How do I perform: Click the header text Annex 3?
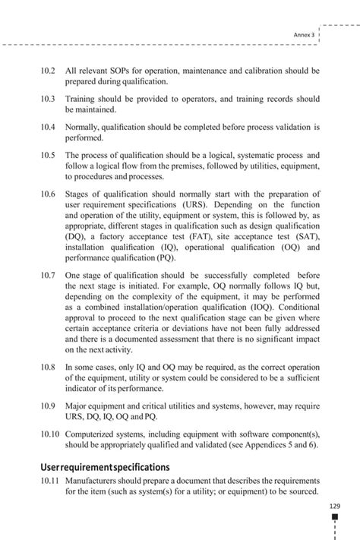(304, 34)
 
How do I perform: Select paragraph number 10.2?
(49, 71)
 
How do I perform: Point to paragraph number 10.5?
(49, 155)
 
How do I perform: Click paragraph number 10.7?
(49, 276)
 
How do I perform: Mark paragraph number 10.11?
(50, 482)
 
